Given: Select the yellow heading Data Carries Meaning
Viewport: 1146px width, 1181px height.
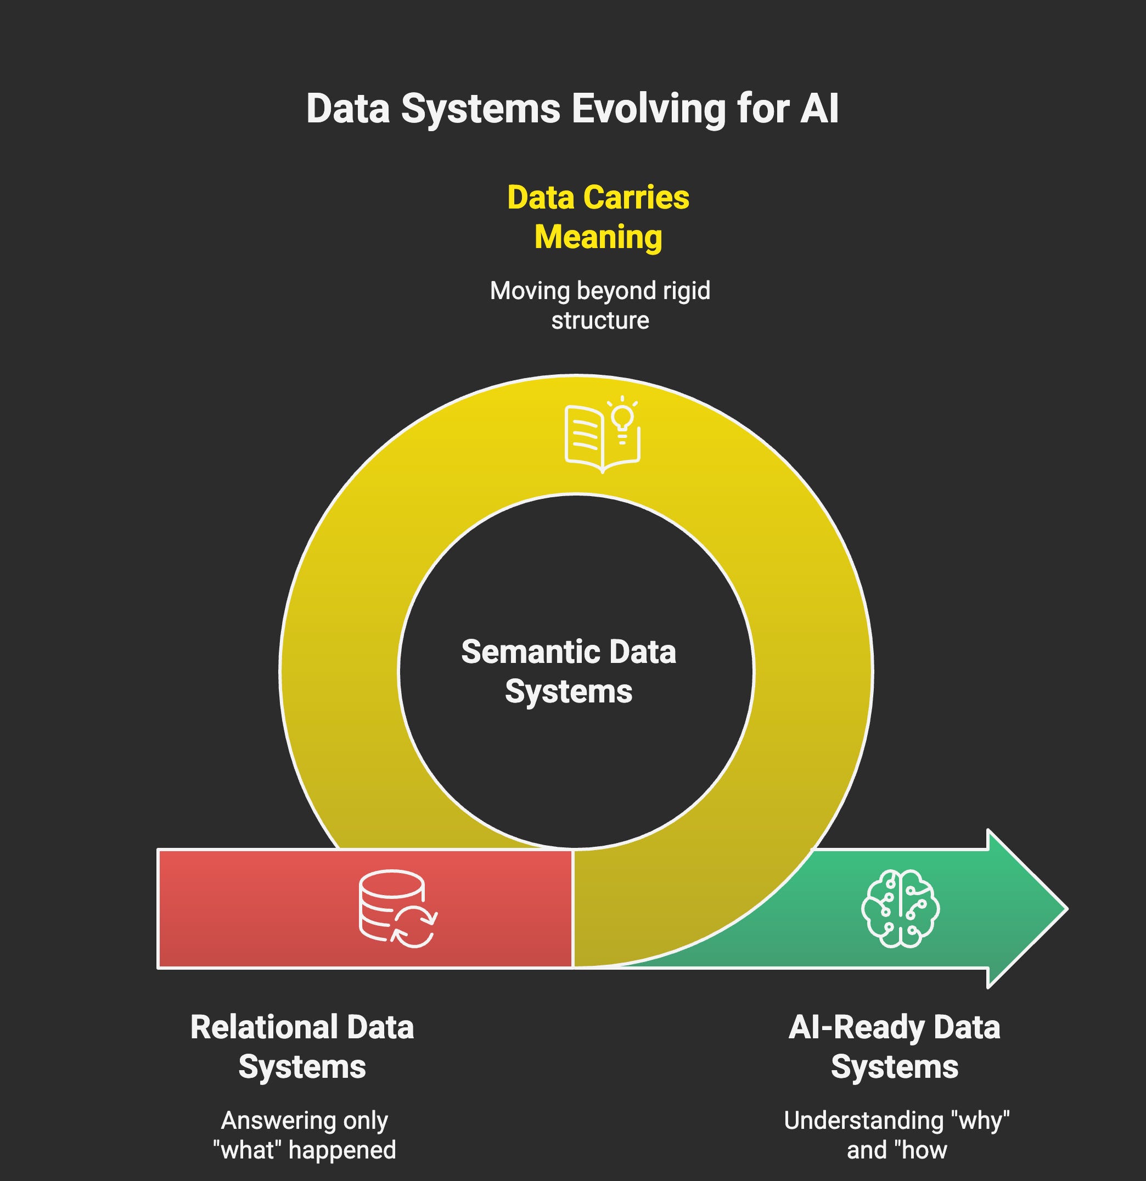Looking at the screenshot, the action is pyautogui.click(x=598, y=216).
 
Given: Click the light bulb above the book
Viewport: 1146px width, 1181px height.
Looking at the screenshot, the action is pyautogui.click(x=622, y=417).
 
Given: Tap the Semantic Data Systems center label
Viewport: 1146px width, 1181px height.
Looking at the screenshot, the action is pyautogui.click(x=569, y=671).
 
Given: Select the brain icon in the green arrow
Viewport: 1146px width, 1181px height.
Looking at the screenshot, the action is pyautogui.click(x=900, y=908).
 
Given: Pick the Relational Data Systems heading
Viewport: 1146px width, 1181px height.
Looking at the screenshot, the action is pyautogui.click(x=302, y=1047).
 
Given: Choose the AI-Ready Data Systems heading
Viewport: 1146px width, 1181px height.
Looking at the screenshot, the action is pyautogui.click(x=894, y=1047).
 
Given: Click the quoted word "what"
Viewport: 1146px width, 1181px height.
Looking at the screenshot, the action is pyautogui.click(x=248, y=1150).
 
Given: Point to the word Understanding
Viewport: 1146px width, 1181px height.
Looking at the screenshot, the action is pyautogui.click(x=863, y=1120).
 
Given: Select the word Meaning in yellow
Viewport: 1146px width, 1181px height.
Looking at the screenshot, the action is pyautogui.click(x=598, y=237).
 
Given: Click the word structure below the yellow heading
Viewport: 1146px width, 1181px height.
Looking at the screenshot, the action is pyautogui.click(x=600, y=320).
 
